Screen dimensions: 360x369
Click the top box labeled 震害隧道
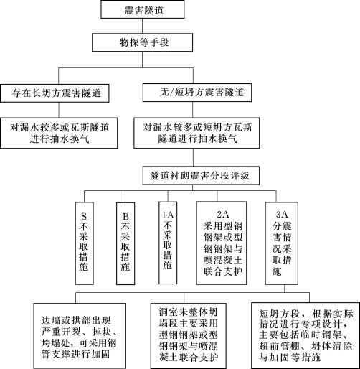(x=143, y=9)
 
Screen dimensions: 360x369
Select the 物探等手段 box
(x=143, y=42)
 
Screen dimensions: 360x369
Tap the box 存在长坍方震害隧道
(x=55, y=93)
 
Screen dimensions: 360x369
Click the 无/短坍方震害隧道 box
(x=197, y=93)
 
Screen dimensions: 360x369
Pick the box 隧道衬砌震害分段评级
(x=201, y=176)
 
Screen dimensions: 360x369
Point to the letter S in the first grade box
(x=84, y=216)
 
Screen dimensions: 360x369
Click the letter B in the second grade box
(x=125, y=216)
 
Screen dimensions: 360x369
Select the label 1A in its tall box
(x=168, y=215)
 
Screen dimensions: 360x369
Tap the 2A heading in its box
(x=223, y=214)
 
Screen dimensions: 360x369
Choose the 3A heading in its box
(x=282, y=214)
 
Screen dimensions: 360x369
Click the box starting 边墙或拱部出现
(x=80, y=336)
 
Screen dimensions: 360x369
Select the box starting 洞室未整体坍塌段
(x=189, y=336)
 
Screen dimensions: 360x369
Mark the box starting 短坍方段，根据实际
(x=305, y=335)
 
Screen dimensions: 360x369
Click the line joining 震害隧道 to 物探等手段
(x=143, y=26)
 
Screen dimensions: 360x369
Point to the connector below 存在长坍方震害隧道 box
(x=59, y=110)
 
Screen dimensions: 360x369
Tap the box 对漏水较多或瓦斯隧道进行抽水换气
(x=59, y=133)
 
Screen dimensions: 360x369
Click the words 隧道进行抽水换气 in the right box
(x=198, y=139)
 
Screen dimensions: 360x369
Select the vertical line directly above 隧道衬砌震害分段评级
(x=193, y=157)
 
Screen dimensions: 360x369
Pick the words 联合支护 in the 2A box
(x=223, y=271)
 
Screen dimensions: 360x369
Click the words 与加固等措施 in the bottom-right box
(x=290, y=358)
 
